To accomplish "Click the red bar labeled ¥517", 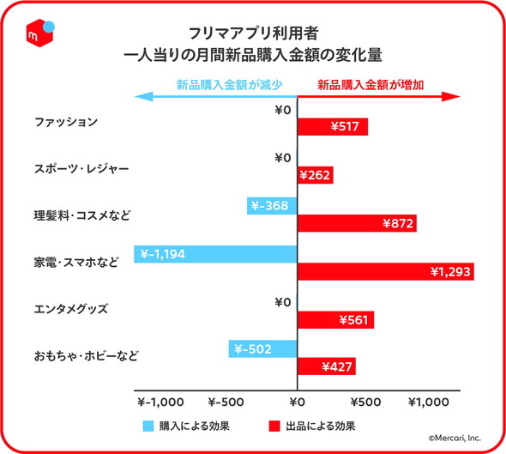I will (333, 127).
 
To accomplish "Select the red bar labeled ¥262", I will (316, 175).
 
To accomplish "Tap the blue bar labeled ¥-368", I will (272, 205).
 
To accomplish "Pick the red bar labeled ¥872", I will (357, 223).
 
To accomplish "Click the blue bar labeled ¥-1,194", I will (215, 253).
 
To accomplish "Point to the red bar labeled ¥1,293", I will (385, 271).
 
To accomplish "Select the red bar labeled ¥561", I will (335, 320).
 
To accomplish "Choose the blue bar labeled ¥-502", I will (262, 349).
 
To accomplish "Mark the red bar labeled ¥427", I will (327, 367).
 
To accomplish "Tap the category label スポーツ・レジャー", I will (81, 169).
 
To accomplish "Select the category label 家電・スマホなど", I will (76, 261).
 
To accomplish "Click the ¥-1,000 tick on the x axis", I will (161, 401).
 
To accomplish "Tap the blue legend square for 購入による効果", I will (148, 425).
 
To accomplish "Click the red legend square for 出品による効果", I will (275, 425).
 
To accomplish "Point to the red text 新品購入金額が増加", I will (371, 85).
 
